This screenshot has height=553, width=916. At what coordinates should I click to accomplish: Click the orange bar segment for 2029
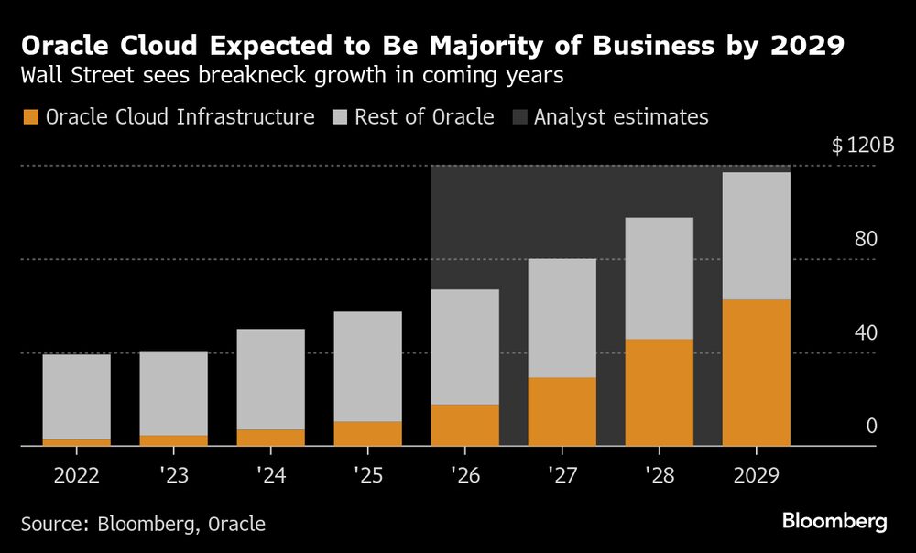coord(756,373)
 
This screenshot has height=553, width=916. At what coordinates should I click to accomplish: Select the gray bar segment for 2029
coord(756,235)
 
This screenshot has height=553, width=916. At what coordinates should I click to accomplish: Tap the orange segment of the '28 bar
coord(660,393)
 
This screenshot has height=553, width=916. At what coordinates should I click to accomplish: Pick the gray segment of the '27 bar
coord(562,318)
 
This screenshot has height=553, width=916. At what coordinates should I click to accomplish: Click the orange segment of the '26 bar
coord(465,425)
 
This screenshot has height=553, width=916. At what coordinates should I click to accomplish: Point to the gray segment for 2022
coord(76,396)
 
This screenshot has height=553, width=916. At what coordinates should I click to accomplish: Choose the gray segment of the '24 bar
coord(270,379)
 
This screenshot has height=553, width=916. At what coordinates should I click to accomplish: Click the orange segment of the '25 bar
coord(367,434)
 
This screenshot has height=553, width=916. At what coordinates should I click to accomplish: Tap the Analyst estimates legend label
coord(621,117)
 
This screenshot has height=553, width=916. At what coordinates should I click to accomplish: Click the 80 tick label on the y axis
coord(866,240)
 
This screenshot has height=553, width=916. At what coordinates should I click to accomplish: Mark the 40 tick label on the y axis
coord(866,333)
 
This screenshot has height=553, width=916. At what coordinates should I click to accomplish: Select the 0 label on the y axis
coord(871,427)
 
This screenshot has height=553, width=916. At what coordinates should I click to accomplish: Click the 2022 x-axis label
coord(76,476)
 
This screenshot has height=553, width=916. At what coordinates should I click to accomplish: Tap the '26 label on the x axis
coord(465,476)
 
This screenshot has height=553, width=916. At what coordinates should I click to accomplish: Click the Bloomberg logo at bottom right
coord(834,522)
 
